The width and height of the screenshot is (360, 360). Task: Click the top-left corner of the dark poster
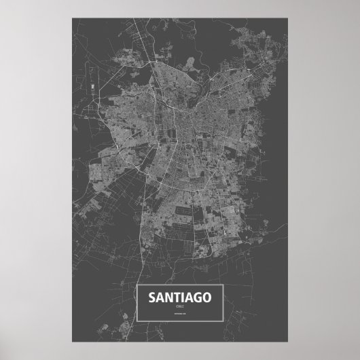69,13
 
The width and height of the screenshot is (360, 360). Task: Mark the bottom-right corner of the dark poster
291,345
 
